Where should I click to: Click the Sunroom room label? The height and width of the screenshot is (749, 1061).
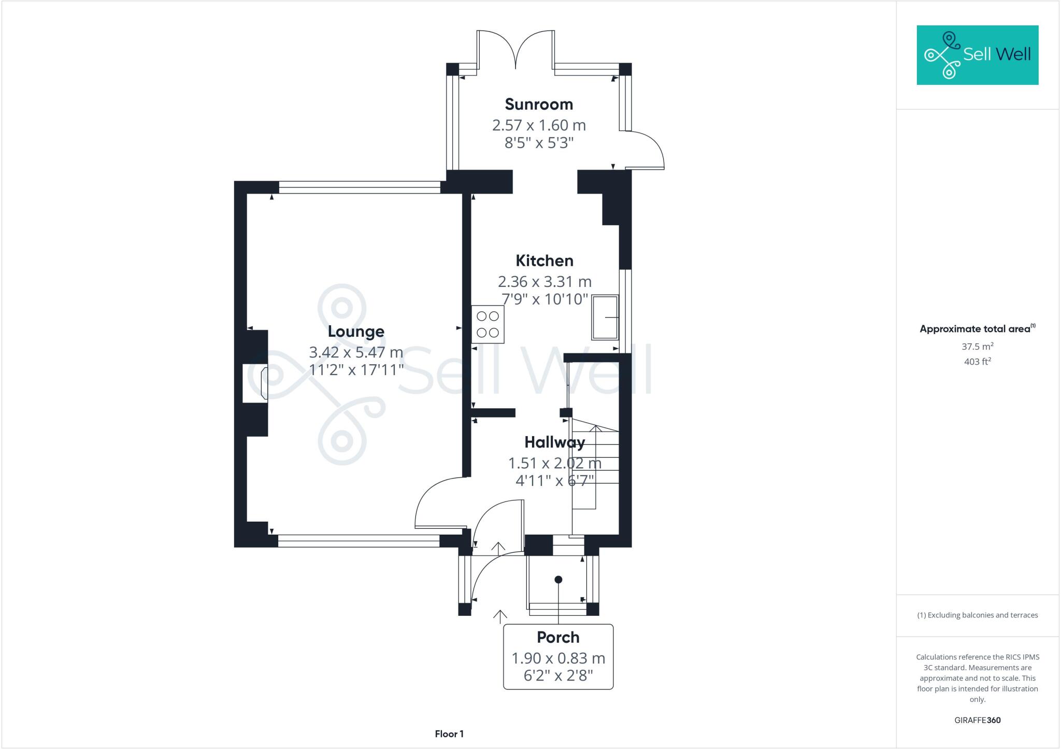[539, 104]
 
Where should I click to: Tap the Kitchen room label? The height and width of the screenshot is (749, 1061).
[544, 261]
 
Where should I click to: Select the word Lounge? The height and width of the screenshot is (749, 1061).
[356, 332]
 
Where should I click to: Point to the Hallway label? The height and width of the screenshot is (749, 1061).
[554, 442]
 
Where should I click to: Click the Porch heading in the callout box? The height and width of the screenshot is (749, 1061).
[558, 637]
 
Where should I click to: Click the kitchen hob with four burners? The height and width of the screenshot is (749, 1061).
[488, 325]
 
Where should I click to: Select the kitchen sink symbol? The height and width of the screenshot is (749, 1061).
[605, 317]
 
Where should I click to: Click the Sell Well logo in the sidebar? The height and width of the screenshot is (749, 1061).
[977, 55]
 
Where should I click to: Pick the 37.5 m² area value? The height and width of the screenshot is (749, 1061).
[977, 346]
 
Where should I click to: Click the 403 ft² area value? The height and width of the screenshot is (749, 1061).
[977, 362]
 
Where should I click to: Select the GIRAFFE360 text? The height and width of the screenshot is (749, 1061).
[977, 720]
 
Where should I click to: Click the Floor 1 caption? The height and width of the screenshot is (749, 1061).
[449, 734]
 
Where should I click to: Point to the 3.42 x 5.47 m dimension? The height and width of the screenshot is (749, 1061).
[356, 352]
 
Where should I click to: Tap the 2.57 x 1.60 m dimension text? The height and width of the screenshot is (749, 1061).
[539, 125]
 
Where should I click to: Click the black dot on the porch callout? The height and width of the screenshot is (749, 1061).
[558, 580]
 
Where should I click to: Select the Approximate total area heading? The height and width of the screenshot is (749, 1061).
[977, 329]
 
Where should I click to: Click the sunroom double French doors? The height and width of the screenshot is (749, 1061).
[515, 49]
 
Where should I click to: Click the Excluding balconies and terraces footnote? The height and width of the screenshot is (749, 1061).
[977, 615]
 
